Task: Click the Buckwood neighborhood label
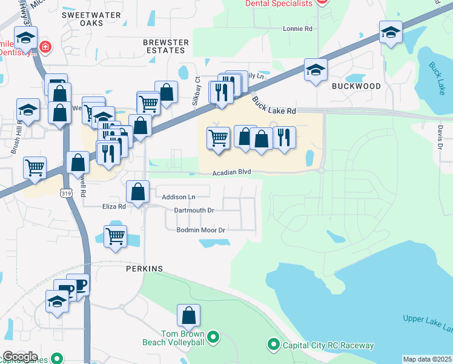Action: pos(356,86)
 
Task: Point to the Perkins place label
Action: pos(145,268)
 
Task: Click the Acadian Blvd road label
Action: pos(231,173)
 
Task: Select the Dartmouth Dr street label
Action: pos(194,210)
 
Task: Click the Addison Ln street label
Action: pos(179,197)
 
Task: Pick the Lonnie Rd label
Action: pos(297,29)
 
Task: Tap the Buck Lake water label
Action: pos(437,78)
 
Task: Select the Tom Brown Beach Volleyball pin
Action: pos(213,336)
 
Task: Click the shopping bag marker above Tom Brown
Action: pos(188,315)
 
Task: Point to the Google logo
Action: pos(19,357)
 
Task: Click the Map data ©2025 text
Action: pos(427,359)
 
